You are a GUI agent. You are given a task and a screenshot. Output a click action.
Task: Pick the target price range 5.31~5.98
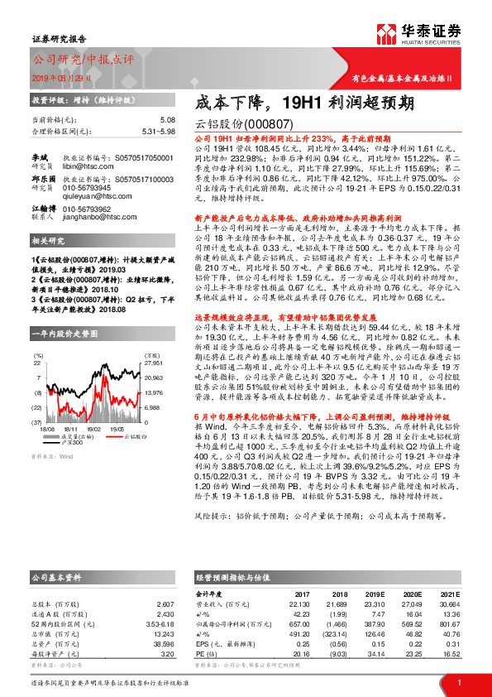pyautogui.click(x=157, y=131)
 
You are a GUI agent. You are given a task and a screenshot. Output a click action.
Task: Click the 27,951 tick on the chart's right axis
pyautogui.click(x=154, y=363)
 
